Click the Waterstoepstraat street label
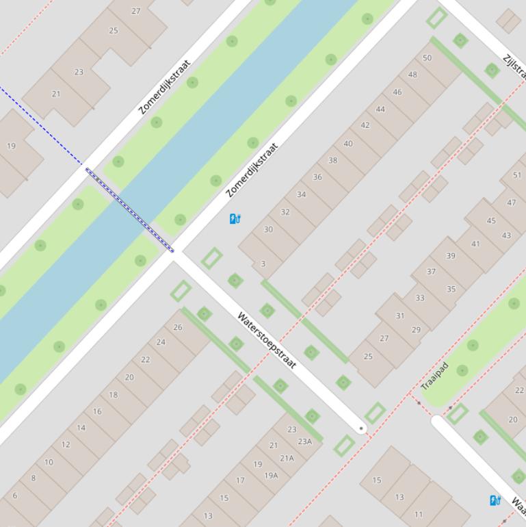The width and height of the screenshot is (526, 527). (x=267, y=340)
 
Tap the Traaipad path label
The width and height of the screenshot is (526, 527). (x=434, y=376)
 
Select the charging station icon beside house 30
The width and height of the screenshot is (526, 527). (x=235, y=219)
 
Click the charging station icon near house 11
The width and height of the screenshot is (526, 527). (x=495, y=501)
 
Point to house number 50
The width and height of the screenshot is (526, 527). (x=428, y=58)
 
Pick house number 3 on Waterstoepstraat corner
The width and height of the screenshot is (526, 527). (x=263, y=263)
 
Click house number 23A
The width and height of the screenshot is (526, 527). (x=304, y=441)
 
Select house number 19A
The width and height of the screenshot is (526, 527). (x=271, y=475)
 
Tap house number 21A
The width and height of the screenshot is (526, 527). (x=287, y=459)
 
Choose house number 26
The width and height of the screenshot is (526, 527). (x=178, y=327)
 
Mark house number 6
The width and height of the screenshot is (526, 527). (x=15, y=496)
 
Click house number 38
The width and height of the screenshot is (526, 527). (x=332, y=160)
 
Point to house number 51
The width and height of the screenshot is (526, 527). (x=517, y=175)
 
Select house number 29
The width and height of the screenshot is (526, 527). (x=416, y=330)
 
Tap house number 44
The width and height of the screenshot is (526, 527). (x=380, y=110)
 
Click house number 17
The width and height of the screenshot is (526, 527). (x=240, y=480)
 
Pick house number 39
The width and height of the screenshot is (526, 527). (x=451, y=256)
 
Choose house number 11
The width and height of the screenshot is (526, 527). (x=419, y=514)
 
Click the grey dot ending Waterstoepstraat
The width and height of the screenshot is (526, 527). (x=362, y=429)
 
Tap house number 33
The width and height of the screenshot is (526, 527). (x=419, y=298)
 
